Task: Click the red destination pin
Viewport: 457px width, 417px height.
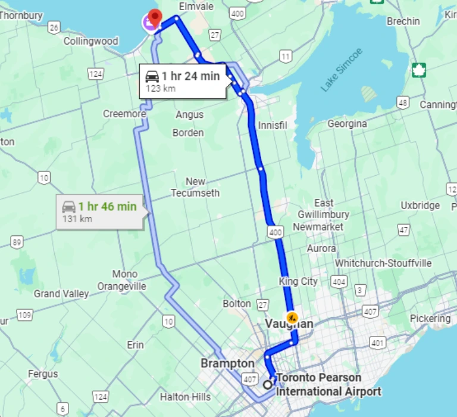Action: coord(155,18)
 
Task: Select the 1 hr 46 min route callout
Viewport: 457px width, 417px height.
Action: coord(100,211)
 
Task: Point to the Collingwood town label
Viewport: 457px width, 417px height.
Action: coord(91,42)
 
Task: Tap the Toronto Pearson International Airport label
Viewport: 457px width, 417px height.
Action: coord(328,385)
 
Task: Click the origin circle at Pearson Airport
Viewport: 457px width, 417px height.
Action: coord(268,385)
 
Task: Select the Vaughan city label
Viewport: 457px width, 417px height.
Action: coord(289,324)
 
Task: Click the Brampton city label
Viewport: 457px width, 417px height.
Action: coord(227,363)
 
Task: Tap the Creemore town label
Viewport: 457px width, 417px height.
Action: coord(124,114)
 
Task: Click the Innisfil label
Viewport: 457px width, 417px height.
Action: coord(273,126)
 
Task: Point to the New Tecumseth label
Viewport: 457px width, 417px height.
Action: coord(195,187)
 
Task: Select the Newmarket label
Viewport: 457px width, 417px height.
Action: coord(318,227)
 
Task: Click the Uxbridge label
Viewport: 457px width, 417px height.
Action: coord(420,206)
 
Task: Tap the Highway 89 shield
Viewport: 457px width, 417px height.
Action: coord(17,241)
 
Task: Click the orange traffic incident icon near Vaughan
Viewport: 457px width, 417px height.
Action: coord(292,316)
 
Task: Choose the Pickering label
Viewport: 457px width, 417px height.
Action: coord(430,319)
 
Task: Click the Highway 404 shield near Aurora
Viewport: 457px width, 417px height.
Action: coord(339,281)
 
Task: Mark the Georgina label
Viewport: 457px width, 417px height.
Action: coord(347,124)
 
